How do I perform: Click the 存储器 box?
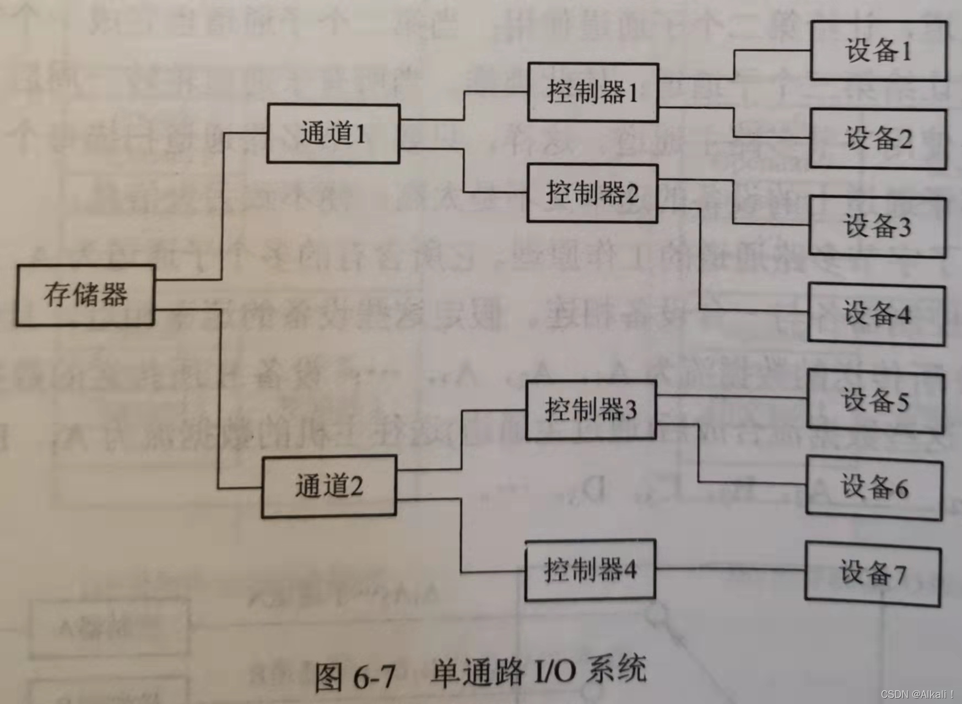(85, 295)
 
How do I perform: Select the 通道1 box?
(333, 134)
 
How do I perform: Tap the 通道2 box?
(329, 486)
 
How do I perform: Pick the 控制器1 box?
(593, 92)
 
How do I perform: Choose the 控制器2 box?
(592, 193)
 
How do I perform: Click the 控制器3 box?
(591, 410)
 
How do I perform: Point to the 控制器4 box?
(590, 570)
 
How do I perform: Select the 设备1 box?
(878, 51)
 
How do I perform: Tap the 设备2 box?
(878, 138)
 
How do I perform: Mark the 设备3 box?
(877, 226)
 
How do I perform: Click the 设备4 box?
(877, 314)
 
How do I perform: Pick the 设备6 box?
(874, 488)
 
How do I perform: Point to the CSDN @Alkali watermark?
(917, 695)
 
